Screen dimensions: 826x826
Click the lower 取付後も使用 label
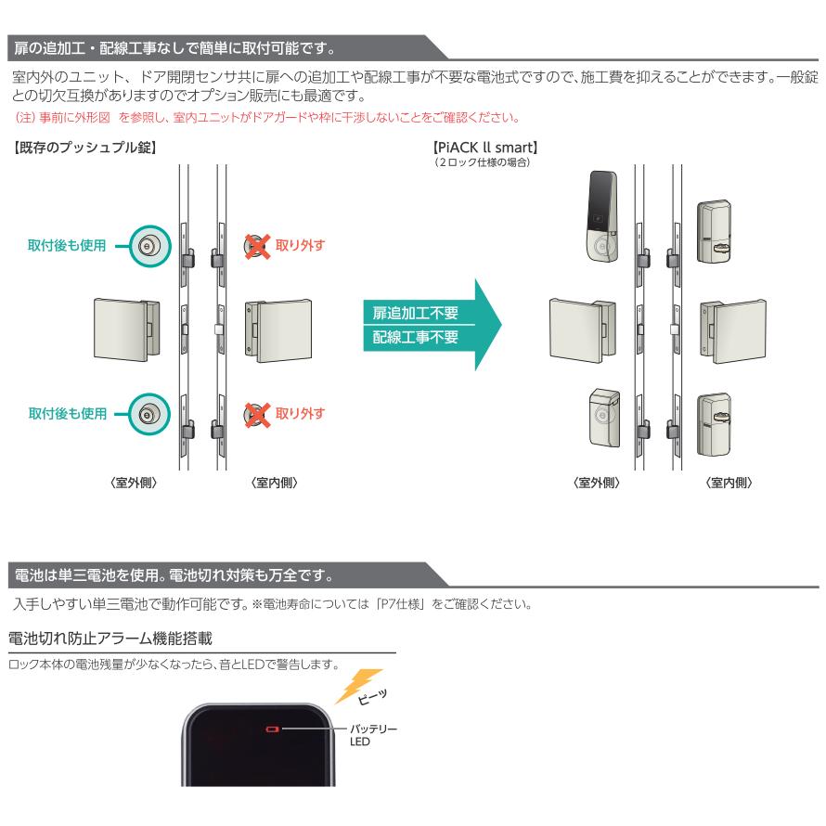67,412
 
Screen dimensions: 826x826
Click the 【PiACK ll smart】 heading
486,147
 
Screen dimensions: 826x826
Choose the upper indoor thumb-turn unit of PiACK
719,229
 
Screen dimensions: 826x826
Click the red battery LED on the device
272,729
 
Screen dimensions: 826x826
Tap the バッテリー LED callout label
373,735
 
